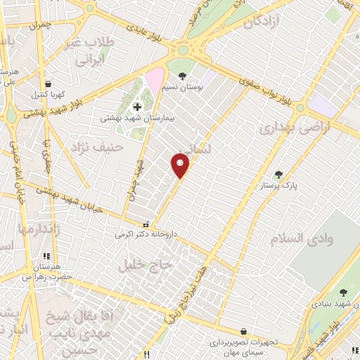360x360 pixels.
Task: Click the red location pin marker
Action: [181, 166]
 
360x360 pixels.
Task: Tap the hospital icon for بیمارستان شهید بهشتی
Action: [137, 107]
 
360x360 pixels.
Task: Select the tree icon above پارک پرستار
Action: [278, 174]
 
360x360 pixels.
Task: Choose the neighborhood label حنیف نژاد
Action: [97, 147]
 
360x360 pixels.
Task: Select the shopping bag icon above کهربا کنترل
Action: [46, 83]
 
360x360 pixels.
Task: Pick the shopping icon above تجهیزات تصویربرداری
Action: [243, 331]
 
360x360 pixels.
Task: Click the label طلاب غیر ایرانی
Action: [89, 51]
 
